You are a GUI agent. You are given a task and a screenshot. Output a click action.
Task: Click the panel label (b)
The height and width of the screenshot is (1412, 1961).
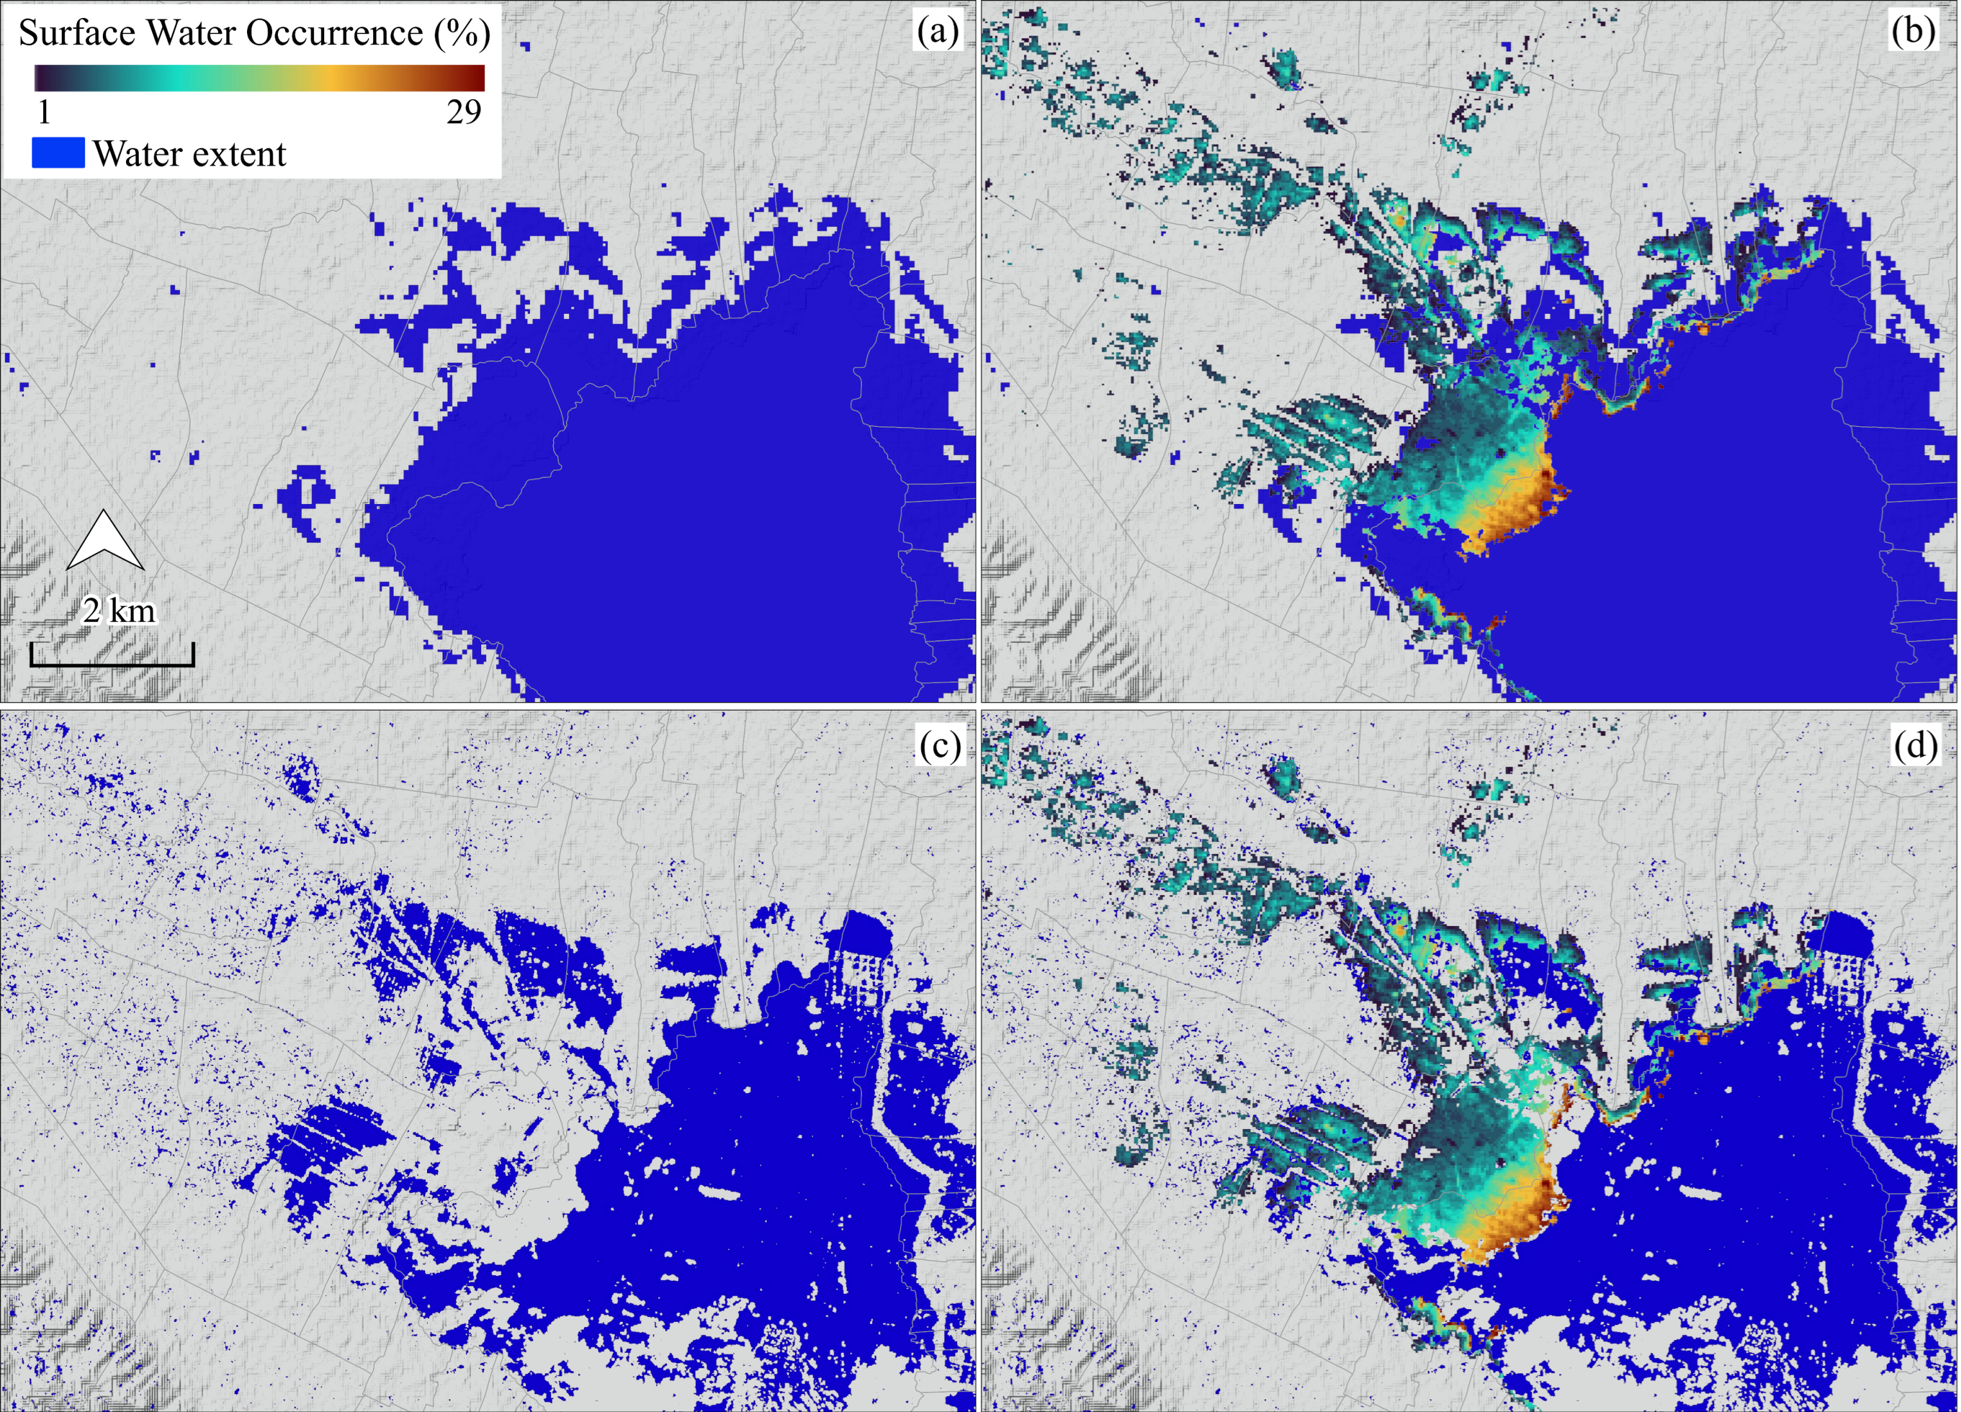[1913, 32]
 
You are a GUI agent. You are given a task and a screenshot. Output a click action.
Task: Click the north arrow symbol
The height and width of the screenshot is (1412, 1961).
[105, 541]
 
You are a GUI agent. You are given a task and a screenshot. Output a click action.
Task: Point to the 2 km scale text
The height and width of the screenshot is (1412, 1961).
[120, 611]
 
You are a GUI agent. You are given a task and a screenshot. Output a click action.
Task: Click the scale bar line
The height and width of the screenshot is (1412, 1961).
[113, 664]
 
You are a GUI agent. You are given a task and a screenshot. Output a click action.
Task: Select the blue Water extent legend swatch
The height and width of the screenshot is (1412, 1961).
[58, 153]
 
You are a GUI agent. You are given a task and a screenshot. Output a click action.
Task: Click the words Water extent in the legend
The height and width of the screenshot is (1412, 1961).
[189, 154]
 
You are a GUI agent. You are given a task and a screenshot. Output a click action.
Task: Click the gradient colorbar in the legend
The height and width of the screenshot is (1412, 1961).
[259, 78]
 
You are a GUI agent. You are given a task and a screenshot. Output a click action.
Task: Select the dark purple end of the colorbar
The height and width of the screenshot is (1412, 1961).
[42, 78]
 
